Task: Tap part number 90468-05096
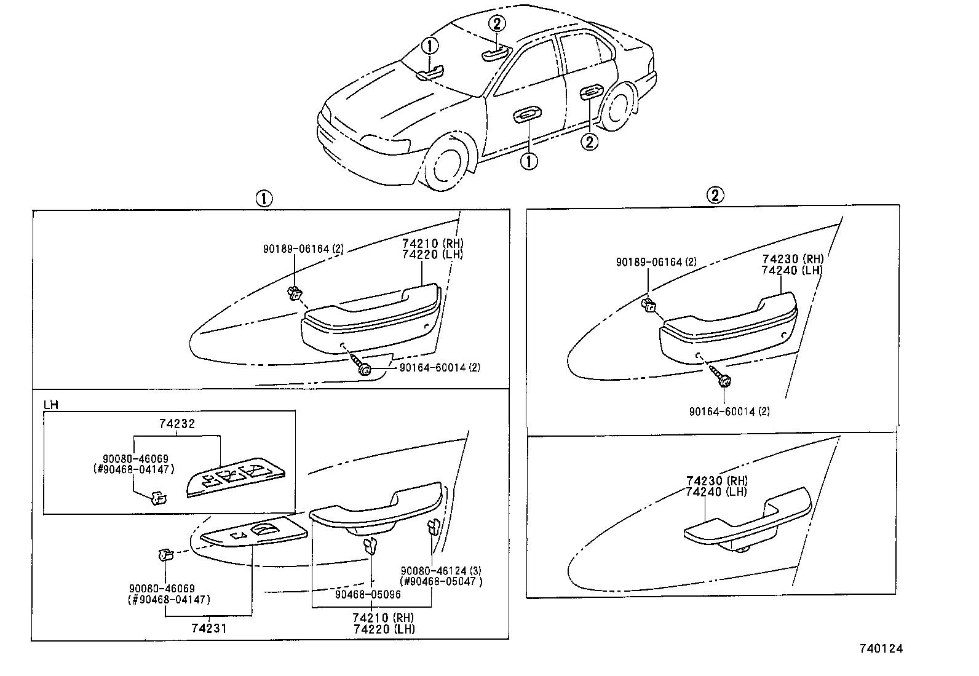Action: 368,595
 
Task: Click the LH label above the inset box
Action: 51,405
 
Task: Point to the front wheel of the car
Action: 444,165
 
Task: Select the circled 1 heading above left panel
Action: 263,199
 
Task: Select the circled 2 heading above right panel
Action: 714,196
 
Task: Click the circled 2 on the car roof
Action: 497,25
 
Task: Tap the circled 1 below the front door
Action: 528,161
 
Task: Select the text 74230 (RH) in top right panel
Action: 792,259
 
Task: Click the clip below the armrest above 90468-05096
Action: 370,545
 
